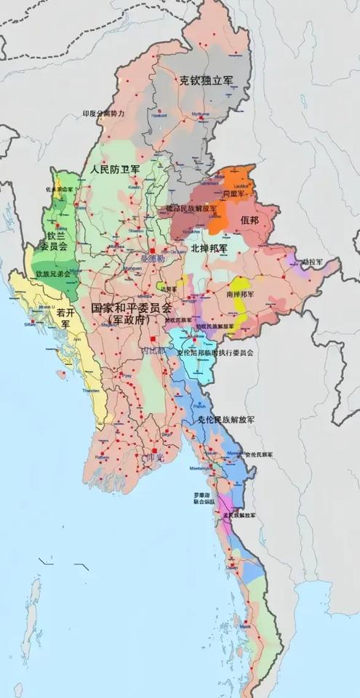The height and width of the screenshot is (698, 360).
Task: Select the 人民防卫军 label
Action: point(116,169)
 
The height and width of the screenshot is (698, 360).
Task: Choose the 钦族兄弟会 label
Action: point(53,274)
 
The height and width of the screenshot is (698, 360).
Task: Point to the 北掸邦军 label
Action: point(209,248)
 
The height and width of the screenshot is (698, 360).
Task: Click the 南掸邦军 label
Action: point(240,294)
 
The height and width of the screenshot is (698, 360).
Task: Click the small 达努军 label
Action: point(169,289)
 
